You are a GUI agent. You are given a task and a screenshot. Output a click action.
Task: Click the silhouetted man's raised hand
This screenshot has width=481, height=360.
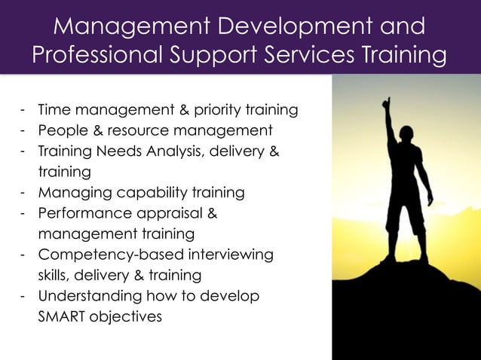[x=386, y=102]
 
